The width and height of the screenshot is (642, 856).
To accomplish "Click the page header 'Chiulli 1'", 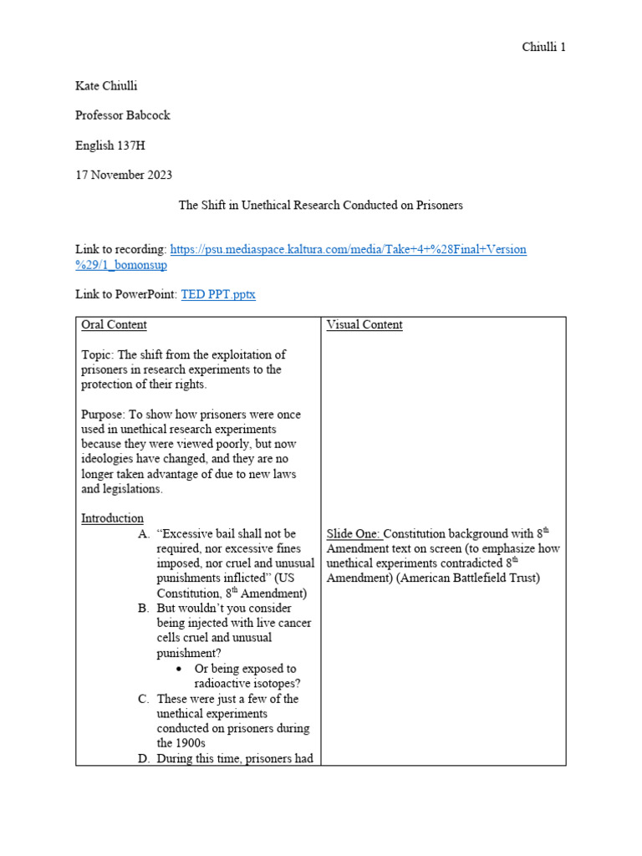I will pos(543,47).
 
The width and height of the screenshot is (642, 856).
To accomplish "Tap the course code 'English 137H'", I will pos(110,145).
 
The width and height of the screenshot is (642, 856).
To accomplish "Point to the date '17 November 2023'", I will pos(123,175).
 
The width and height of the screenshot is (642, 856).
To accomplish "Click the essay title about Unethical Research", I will pos(321,205).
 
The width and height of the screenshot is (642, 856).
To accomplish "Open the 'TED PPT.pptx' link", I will pos(218,295).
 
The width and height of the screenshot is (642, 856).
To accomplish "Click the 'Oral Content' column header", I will pos(114,325).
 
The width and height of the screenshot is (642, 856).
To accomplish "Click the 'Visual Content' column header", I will pos(364,325).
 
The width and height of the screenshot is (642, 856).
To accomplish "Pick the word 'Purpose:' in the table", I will pos(104,415).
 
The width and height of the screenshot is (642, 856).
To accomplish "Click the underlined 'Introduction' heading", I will pos(112,518).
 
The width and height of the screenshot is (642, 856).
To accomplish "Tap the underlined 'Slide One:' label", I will pos(354,533).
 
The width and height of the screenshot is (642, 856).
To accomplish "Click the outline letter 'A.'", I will pos(144,533).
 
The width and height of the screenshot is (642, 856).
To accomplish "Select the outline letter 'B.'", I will pos(144,609).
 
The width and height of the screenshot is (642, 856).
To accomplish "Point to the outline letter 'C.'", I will pos(144,699).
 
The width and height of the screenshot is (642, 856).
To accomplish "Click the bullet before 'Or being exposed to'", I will pos(181,669).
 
